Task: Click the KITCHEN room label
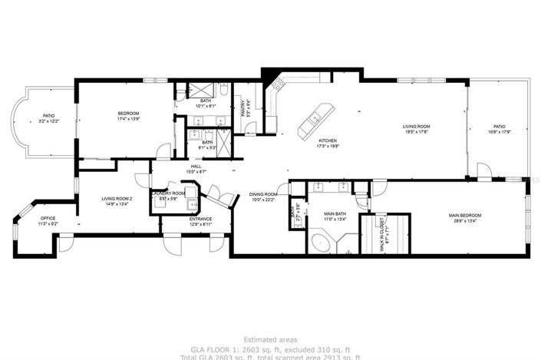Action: click(x=328, y=140)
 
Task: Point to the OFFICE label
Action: click(x=48, y=218)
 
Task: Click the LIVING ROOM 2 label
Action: click(x=118, y=199)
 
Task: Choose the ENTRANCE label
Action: click(x=201, y=219)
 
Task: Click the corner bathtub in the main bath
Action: click(x=322, y=244)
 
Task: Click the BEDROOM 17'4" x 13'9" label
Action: click(x=128, y=113)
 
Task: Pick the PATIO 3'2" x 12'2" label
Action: click(x=48, y=117)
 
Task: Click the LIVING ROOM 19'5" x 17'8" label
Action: click(x=417, y=127)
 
